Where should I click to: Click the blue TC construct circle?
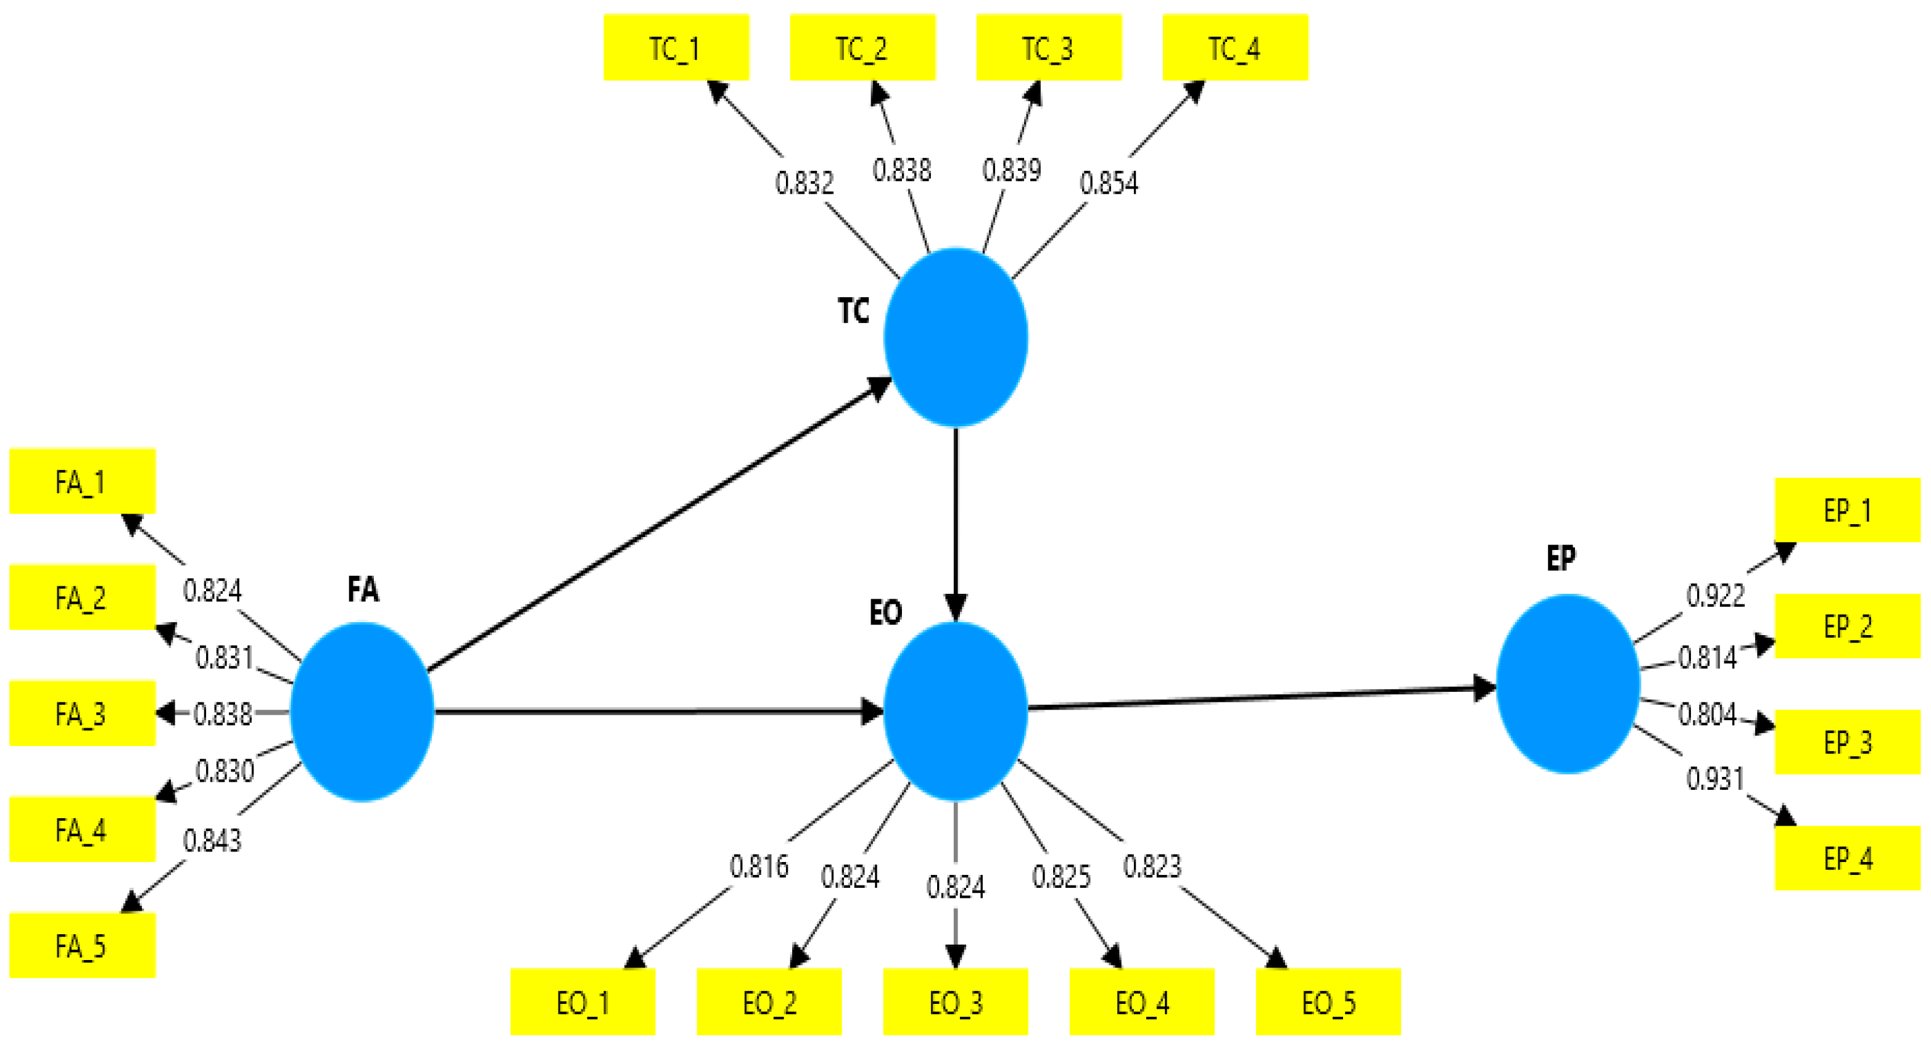(955, 337)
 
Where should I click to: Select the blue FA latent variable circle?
(362, 712)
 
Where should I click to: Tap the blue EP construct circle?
(1568, 683)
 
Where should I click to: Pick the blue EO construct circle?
(955, 712)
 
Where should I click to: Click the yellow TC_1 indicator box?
(676, 47)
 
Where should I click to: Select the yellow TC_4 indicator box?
(1234, 47)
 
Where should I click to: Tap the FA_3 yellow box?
(81, 713)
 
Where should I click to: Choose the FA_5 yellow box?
(81, 946)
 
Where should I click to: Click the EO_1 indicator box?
(582, 1002)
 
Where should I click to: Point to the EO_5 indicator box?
(1328, 1002)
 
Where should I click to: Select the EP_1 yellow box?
(1847, 511)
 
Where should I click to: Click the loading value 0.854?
(1109, 183)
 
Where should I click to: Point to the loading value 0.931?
(1715, 779)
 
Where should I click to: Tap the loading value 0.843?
(212, 840)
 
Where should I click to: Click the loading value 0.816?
(759, 866)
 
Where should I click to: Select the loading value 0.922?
(1715, 596)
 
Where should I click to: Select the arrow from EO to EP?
(1259, 697)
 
